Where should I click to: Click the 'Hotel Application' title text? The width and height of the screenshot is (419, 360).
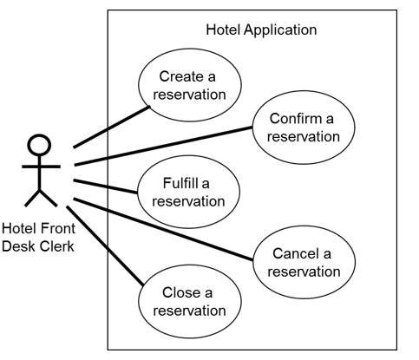tap(261, 29)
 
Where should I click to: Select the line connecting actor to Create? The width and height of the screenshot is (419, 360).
tap(111, 126)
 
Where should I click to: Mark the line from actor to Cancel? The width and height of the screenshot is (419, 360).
tap(165, 229)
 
